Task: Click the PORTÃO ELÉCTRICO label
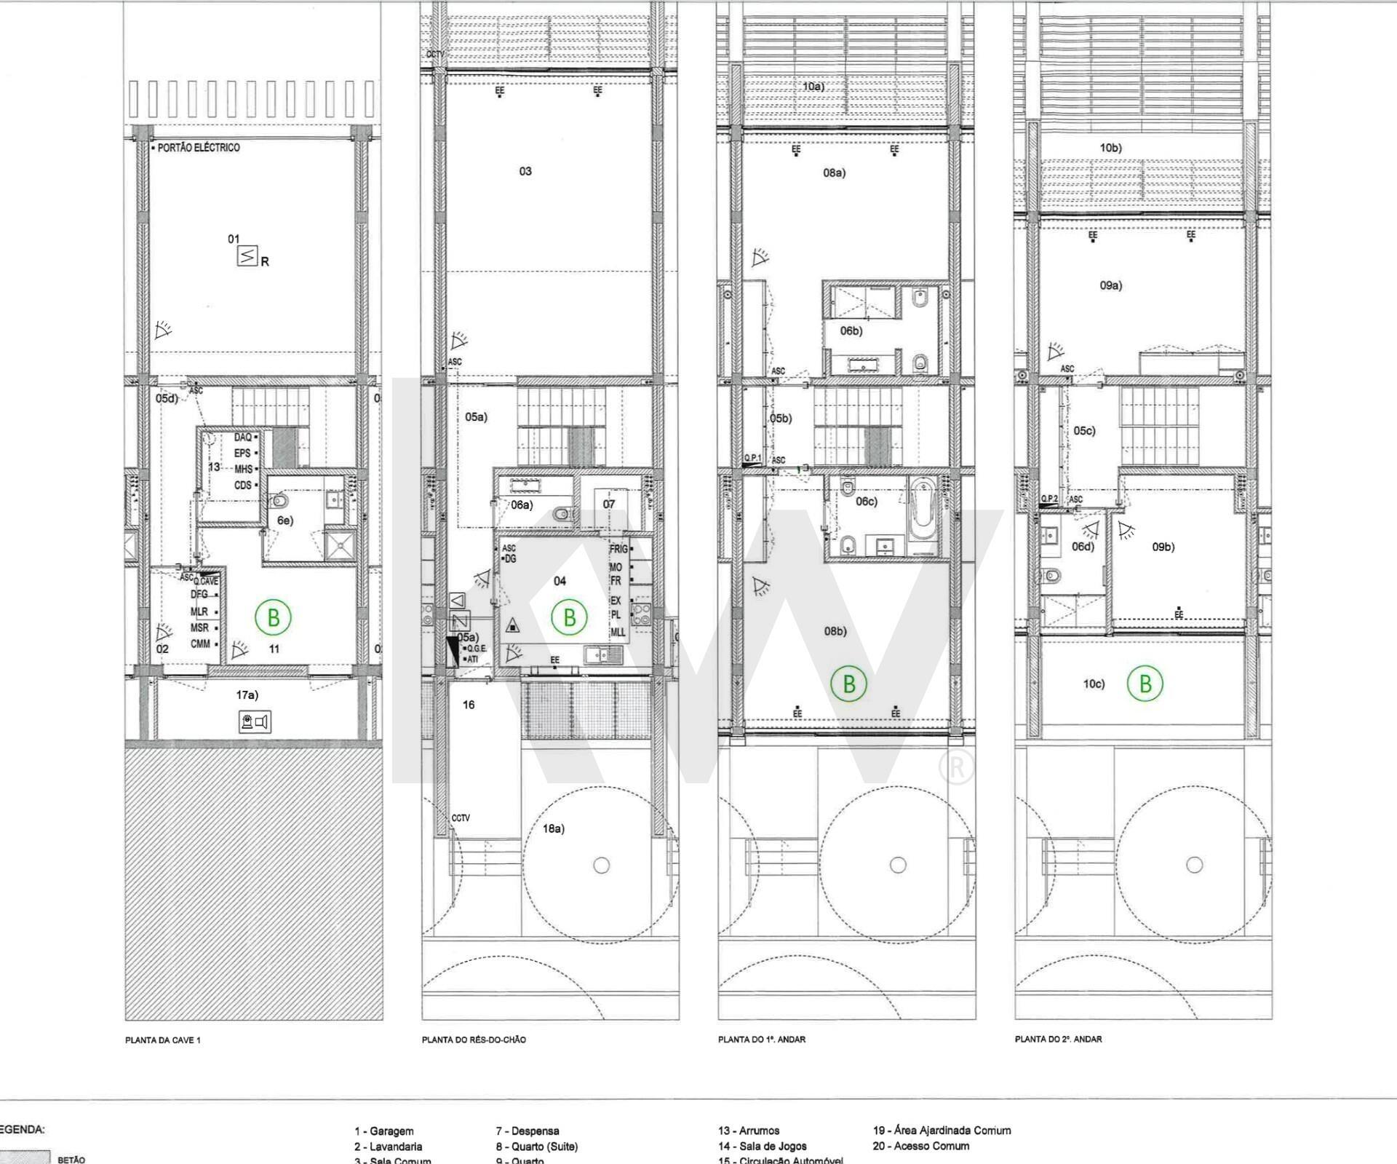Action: [198, 148]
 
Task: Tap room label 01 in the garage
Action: [234, 239]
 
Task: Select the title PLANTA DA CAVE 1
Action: [163, 1040]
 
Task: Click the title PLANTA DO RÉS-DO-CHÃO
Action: [474, 1040]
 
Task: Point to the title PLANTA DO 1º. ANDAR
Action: [762, 1040]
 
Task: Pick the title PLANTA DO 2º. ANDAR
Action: [1058, 1040]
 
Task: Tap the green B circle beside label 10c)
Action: [1145, 684]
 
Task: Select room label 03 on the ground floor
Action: [525, 172]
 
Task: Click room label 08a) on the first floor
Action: [835, 173]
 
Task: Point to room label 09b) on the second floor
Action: [1163, 547]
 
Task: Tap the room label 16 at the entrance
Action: [469, 705]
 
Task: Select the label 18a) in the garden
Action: [554, 828]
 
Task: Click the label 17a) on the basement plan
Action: [247, 695]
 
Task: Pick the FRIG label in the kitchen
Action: [618, 550]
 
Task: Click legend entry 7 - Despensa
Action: [528, 1131]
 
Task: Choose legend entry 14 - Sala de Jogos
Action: [762, 1146]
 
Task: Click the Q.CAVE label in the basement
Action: [206, 581]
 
